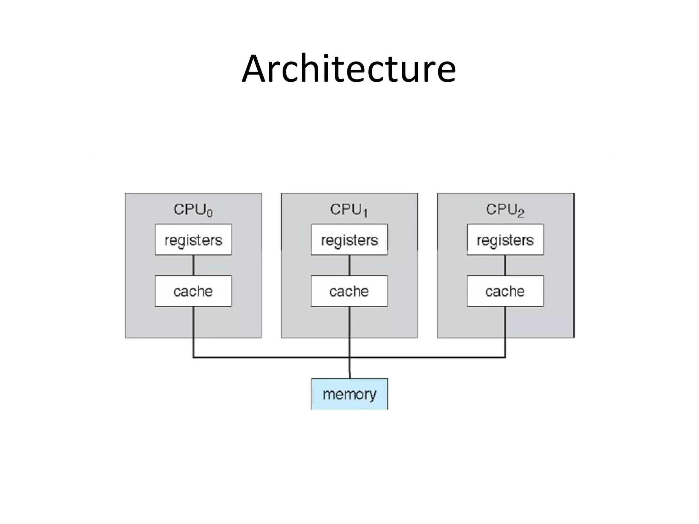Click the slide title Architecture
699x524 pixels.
click(349, 69)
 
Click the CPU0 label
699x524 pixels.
click(193, 209)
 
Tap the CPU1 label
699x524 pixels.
click(348, 209)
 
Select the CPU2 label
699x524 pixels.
click(505, 209)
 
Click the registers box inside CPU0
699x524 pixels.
click(193, 239)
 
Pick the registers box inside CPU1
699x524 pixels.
click(349, 239)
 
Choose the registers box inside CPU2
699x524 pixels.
click(505, 239)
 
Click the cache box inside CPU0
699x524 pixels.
click(193, 291)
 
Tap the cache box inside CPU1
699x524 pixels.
click(349, 291)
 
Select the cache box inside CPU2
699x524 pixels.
click(505, 291)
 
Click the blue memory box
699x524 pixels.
click(349, 394)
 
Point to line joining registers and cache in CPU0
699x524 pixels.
click(194, 265)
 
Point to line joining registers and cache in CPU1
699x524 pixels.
click(349, 265)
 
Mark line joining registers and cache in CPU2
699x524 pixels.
click(505, 265)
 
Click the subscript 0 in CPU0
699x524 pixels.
click(210, 214)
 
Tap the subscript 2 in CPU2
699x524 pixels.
click(520, 214)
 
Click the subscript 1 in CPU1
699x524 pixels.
click(365, 214)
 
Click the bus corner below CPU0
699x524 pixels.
click(194, 357)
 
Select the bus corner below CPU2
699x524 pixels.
click(505, 357)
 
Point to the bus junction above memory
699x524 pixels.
click(349, 357)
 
